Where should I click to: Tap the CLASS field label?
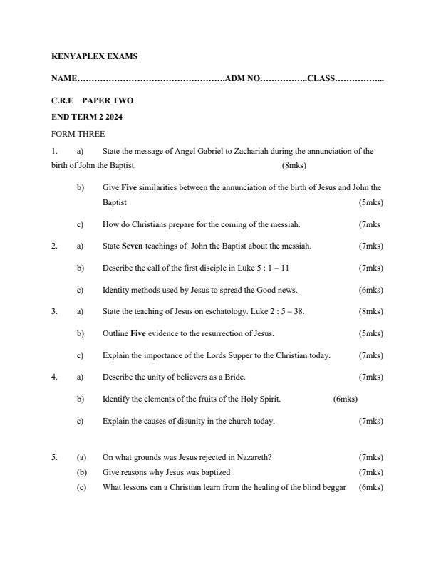[x=321, y=78]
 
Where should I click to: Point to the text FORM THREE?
[x=78, y=134]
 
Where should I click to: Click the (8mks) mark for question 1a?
[x=294, y=165]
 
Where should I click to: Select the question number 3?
[x=54, y=311]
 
